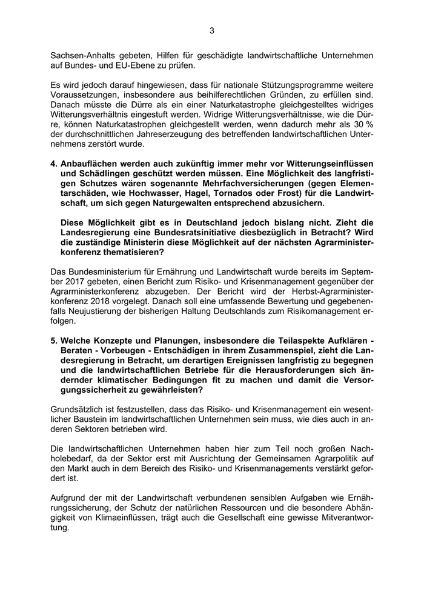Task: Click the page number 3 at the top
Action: tap(212, 30)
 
